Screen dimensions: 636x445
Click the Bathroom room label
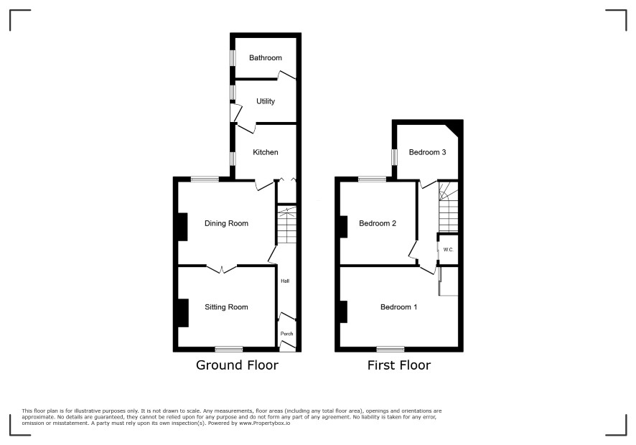(x=266, y=58)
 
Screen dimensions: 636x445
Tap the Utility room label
(x=266, y=101)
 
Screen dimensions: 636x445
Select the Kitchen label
(x=266, y=152)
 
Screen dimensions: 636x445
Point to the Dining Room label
(x=226, y=223)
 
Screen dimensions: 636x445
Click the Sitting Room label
(x=226, y=307)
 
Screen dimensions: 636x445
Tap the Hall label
(x=285, y=281)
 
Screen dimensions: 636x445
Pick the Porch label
(x=286, y=334)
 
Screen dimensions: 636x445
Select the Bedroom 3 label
(x=428, y=152)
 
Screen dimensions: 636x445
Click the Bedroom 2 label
(x=378, y=223)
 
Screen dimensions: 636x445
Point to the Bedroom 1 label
(x=398, y=307)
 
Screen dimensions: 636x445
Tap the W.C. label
(x=448, y=250)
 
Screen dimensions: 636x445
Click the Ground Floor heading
(x=238, y=365)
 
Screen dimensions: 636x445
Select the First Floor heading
(x=398, y=365)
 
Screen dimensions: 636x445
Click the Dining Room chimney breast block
(x=183, y=227)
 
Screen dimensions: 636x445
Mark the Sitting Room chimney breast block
(x=183, y=313)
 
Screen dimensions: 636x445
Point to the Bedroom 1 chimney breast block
(x=344, y=311)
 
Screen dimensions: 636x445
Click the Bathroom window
(x=233, y=57)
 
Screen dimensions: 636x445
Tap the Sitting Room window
(x=229, y=349)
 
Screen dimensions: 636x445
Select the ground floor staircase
(x=286, y=225)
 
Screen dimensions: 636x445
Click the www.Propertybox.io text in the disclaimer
(x=264, y=423)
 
